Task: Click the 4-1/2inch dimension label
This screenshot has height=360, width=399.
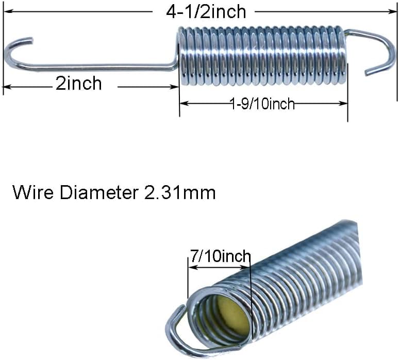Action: click(206, 12)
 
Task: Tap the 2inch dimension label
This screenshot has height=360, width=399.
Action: click(79, 83)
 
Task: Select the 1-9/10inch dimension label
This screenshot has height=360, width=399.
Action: click(262, 104)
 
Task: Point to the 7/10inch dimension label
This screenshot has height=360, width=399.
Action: click(220, 256)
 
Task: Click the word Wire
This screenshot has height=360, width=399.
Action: click(34, 192)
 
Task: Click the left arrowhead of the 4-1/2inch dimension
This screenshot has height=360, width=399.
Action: click(7, 11)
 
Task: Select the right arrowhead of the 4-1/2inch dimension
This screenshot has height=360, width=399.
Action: click(393, 11)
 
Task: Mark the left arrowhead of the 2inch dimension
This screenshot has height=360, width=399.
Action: click(7, 87)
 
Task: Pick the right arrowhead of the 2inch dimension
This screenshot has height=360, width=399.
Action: click(175, 87)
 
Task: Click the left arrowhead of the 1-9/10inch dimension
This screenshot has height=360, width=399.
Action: click(184, 103)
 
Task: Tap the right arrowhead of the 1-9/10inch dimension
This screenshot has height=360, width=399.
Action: click(343, 103)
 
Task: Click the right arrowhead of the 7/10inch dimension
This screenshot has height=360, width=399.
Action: click(244, 267)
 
